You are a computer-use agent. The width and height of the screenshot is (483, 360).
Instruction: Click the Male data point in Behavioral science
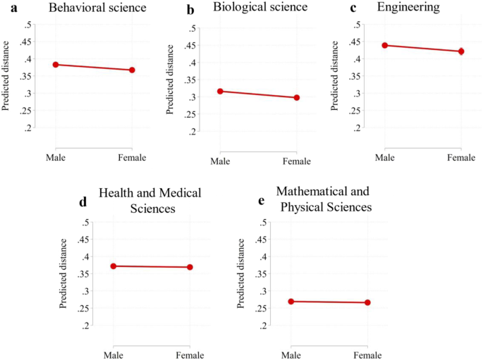55,65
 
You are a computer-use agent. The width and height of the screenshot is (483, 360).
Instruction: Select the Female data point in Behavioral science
132,70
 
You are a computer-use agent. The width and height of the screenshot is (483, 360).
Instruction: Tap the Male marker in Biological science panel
220,91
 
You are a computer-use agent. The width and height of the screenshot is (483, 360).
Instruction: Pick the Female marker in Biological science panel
297,97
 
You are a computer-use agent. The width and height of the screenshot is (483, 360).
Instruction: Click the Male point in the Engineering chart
385,45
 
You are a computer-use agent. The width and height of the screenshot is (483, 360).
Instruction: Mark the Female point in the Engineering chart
462,51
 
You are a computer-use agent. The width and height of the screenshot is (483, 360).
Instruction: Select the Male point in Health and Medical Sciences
113,266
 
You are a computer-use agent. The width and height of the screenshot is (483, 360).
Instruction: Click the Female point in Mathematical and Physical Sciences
367,303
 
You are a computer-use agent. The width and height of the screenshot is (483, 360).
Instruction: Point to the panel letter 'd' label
83,201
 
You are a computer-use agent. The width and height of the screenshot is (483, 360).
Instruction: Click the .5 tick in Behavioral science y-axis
27,25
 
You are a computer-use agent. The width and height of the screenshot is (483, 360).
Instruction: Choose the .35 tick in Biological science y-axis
190,80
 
